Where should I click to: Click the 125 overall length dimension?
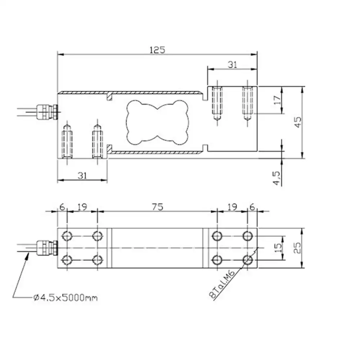[x=157, y=50]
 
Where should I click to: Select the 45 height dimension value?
[x=298, y=122]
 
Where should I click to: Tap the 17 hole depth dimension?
[x=277, y=100]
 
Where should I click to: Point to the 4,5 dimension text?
[x=276, y=178]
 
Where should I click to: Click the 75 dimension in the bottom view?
[x=158, y=207]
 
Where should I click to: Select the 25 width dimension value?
[x=297, y=248]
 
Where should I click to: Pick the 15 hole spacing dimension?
[x=278, y=248]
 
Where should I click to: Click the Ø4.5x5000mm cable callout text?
[x=66, y=298]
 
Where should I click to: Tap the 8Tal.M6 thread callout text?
[x=222, y=284]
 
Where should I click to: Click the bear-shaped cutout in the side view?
[x=157, y=122]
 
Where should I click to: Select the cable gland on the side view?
[x=47, y=112]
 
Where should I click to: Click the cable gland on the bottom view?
[x=47, y=248]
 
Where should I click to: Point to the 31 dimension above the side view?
[x=232, y=65]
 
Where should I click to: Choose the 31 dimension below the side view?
[x=82, y=176]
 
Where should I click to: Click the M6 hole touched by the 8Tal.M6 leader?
[x=248, y=260]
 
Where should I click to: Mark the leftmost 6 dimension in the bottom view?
[x=62, y=207]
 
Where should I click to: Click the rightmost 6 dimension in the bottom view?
[x=252, y=207]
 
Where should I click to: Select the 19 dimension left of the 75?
[x=82, y=207]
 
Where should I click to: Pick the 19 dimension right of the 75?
[x=232, y=207]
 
